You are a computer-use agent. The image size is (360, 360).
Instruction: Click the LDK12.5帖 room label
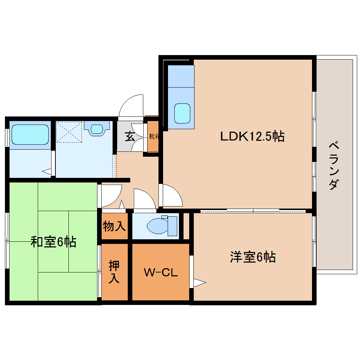[x=252, y=136]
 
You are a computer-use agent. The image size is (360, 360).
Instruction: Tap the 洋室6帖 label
[x=253, y=257]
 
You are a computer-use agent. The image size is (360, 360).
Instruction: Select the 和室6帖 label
[x=53, y=242]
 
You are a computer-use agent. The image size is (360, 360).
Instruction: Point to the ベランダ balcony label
[x=335, y=166]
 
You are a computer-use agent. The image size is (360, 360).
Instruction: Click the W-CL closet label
[x=161, y=272]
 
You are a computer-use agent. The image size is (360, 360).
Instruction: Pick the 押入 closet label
[x=114, y=272]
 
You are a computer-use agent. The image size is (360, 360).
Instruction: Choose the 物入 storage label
[x=114, y=226]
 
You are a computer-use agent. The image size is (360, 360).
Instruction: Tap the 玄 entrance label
[x=130, y=136]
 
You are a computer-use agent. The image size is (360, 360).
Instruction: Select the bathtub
[x=30, y=134]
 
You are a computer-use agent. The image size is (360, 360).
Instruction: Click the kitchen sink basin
[x=182, y=113]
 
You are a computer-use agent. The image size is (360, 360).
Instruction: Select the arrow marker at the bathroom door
[x=47, y=172]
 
